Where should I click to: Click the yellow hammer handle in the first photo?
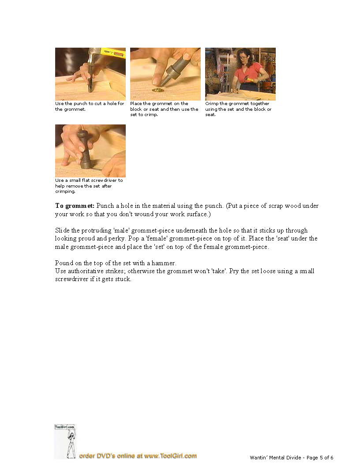pos(113,53)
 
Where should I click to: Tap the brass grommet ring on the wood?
pos(156,90)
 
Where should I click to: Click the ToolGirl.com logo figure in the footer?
pos(65,441)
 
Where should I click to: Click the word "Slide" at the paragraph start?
pos(62,231)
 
